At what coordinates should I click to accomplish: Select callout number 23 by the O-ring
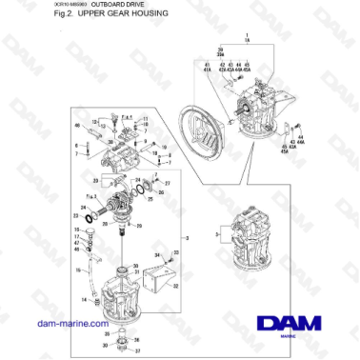click(x=76, y=215)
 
